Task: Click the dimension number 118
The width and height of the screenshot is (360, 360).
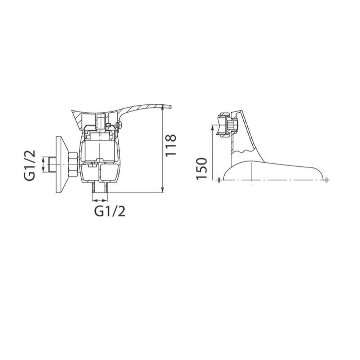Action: click(171, 145)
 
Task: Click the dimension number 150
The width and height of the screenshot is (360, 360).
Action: click(202, 169)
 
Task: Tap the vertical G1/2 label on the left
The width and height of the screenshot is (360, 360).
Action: click(30, 165)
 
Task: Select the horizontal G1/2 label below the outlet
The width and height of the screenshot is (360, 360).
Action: click(110, 211)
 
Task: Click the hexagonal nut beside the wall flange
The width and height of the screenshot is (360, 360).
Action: click(74, 165)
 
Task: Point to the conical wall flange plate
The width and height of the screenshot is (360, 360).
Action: click(62, 165)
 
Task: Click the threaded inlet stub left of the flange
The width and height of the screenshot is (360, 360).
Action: click(53, 165)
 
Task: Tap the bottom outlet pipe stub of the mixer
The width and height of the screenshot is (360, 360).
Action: click(100, 188)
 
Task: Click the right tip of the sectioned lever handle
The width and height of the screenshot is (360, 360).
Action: click(171, 107)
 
